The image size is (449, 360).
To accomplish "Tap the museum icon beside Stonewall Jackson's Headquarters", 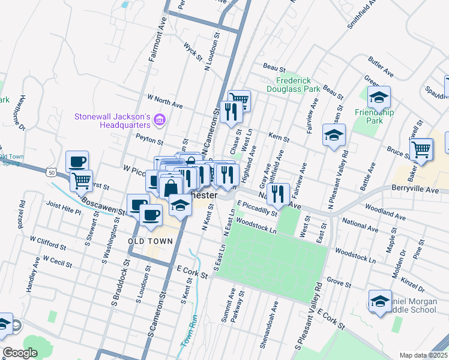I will coord(159,121).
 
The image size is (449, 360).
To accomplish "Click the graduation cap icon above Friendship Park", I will coord(379,97).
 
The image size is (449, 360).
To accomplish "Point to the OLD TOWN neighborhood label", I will coord(151,241).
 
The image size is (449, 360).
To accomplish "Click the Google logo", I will coord(20,353).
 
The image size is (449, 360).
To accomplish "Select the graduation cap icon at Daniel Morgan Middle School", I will coord(380,302).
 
